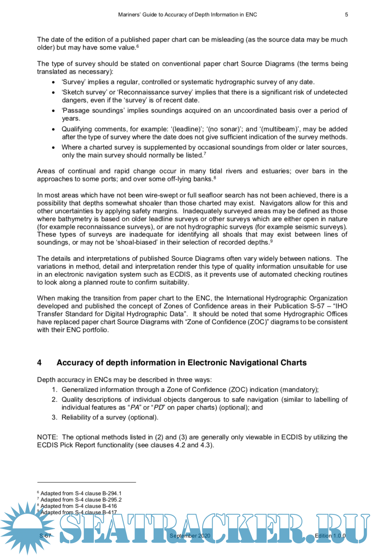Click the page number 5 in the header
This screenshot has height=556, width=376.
click(346, 15)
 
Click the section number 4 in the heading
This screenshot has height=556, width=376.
click(39, 363)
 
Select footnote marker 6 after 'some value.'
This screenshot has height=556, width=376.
click(137, 46)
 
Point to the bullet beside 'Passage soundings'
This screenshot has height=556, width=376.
click(53, 111)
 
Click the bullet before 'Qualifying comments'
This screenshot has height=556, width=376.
click(53, 129)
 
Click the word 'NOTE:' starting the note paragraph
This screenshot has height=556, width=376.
click(47, 437)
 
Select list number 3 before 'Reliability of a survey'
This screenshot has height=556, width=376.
click(54, 417)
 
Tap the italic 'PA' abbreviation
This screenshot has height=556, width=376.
click(135, 407)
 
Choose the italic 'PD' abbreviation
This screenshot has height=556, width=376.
click(159, 407)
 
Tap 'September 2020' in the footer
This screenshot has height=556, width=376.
click(190, 536)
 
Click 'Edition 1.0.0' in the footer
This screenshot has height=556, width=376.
click(330, 536)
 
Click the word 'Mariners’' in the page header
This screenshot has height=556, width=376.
click(129, 15)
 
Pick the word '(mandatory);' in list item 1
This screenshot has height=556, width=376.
click(299, 390)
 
